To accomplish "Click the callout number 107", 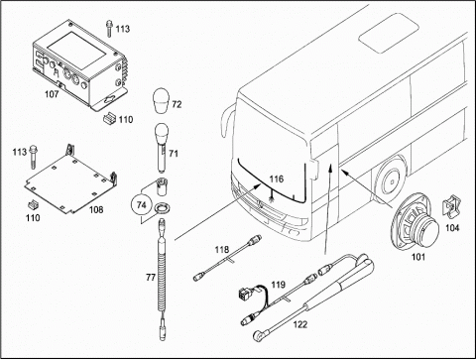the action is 52,94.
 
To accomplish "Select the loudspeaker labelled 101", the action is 415,222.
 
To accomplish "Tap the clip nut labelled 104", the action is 450,208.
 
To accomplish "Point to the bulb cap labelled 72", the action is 161,101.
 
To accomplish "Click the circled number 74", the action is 142,205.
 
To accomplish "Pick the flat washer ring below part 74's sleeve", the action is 163,209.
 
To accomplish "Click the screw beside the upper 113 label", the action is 109,29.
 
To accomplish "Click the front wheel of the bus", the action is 392,180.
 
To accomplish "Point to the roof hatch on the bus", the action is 389,33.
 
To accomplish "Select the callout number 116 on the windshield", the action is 277,180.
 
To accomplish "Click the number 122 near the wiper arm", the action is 300,325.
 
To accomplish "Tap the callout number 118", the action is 222,250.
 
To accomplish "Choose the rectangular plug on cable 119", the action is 244,293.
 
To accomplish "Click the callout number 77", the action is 151,278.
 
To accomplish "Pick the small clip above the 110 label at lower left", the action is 34,204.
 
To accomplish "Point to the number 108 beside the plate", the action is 96,209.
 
